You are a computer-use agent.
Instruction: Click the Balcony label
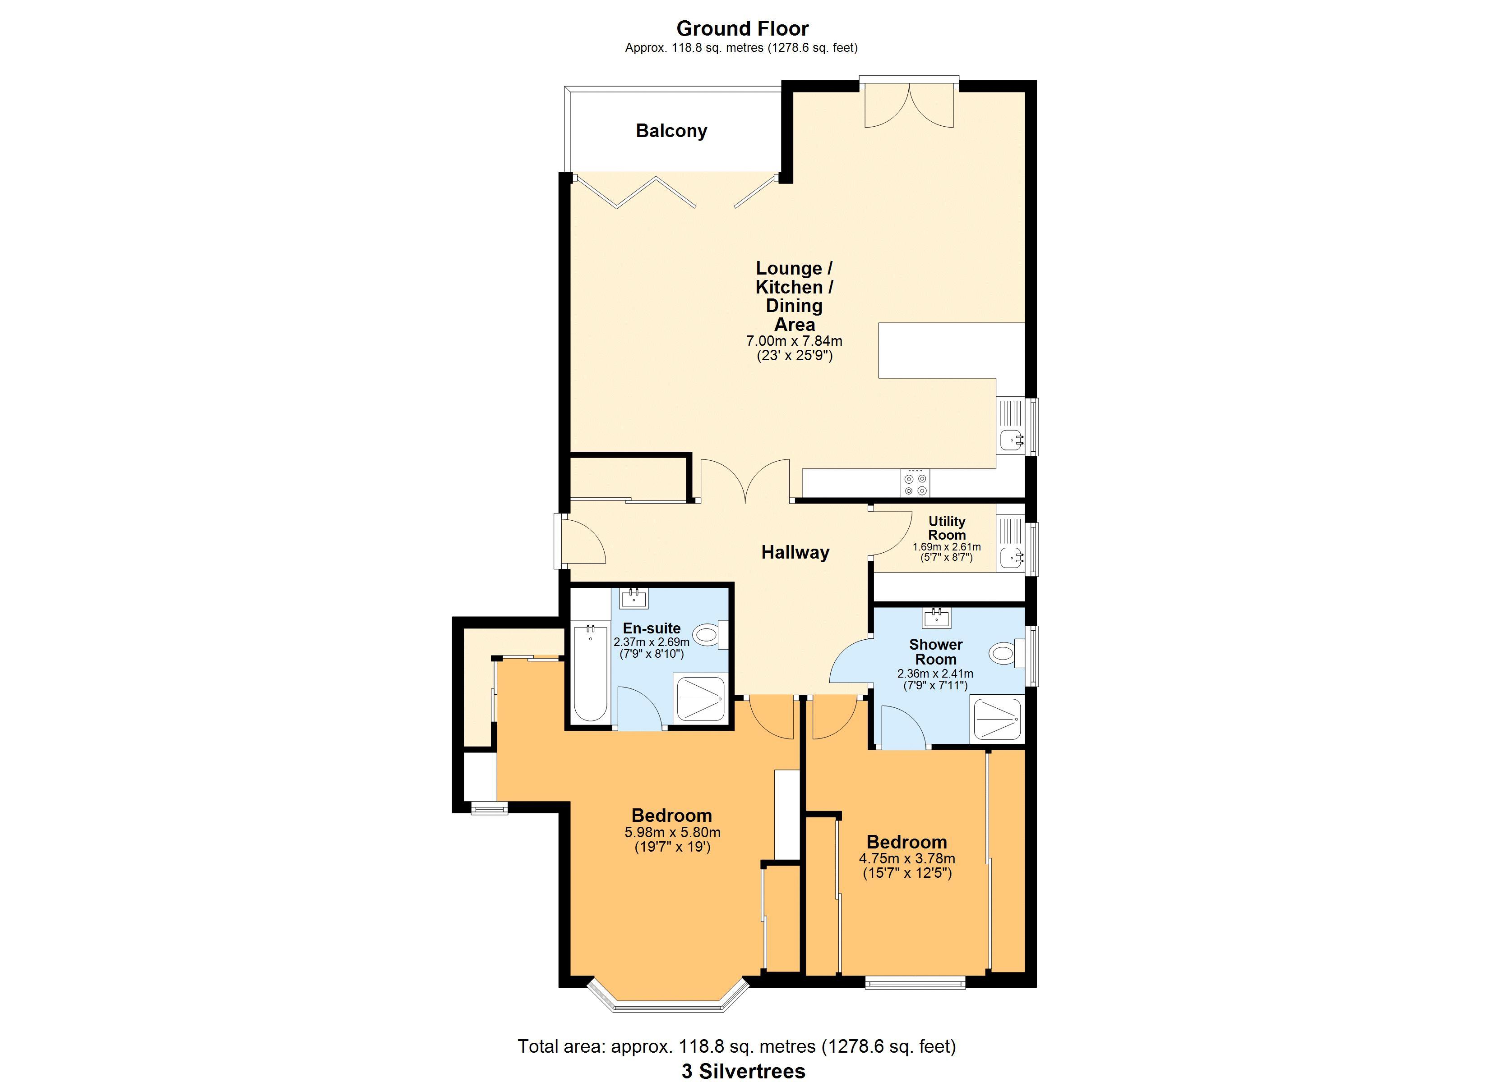(671, 131)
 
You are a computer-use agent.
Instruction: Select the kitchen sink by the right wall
(1011, 426)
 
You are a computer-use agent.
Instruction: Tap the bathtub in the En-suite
(590, 673)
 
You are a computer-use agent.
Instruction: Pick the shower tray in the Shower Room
(997, 719)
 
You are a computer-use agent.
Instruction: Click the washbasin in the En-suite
(634, 597)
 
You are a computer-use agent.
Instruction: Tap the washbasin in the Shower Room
(936, 618)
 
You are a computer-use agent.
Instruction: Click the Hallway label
(795, 552)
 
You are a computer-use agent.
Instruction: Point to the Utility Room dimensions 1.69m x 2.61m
(947, 546)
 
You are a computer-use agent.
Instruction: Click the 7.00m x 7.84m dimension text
(795, 341)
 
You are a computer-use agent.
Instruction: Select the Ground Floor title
(743, 28)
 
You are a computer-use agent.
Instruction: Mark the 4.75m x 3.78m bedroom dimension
(906, 858)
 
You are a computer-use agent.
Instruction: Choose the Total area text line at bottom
(737, 1046)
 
